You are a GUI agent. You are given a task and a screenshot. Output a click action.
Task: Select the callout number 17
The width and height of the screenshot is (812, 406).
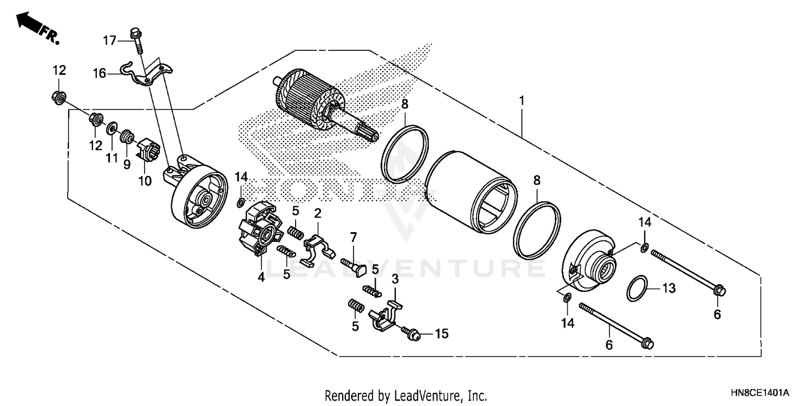(110, 40)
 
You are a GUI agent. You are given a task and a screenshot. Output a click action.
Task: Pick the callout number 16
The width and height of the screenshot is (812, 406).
(99, 73)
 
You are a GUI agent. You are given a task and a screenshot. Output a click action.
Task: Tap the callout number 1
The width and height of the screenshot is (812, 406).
(522, 101)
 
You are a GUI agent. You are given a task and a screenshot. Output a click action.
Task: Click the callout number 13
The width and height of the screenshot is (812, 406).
(669, 289)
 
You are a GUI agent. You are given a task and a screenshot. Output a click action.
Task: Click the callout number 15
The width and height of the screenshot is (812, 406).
(442, 334)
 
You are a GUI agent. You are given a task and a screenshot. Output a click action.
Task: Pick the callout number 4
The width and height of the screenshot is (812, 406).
(261, 277)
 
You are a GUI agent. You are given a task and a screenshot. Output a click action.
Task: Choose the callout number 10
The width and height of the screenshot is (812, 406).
(145, 181)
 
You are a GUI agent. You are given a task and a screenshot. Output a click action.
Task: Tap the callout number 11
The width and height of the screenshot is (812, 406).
(112, 158)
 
